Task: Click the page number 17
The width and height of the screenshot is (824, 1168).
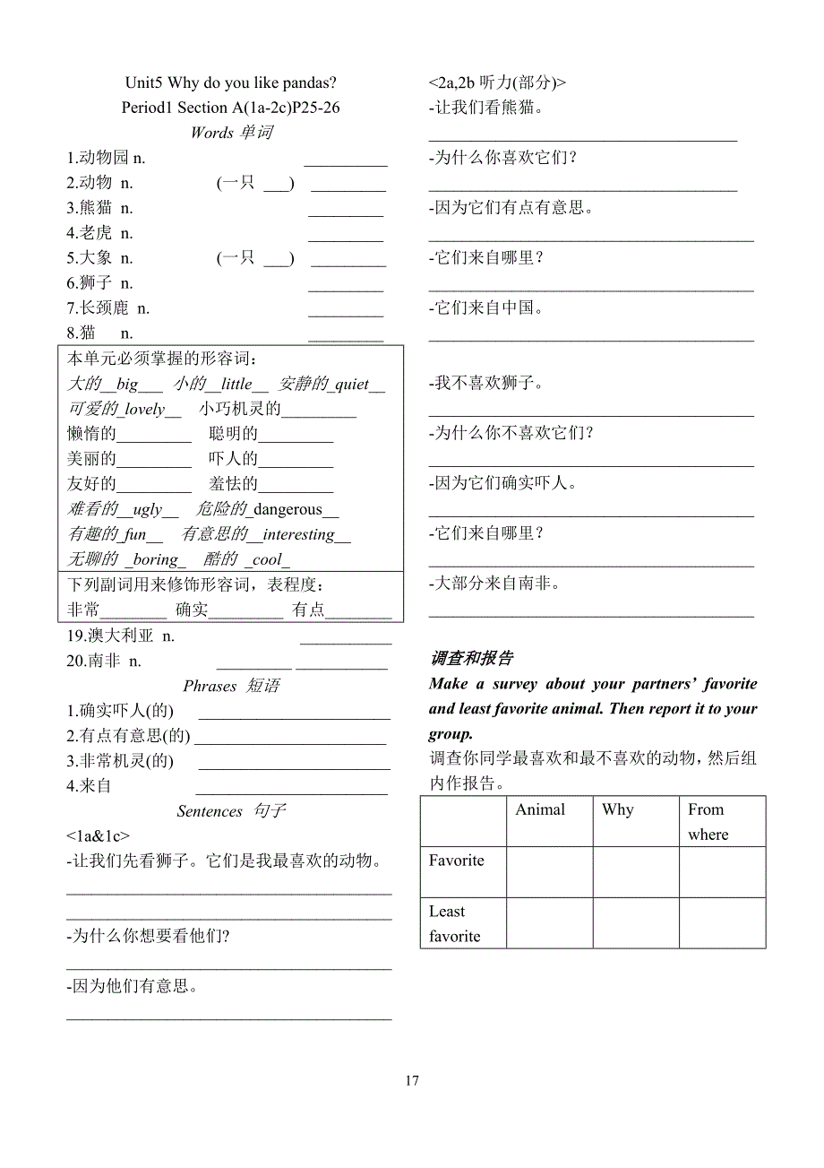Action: tap(412, 1080)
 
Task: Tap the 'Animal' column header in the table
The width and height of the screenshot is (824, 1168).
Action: tap(540, 809)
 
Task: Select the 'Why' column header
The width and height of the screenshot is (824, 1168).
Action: tap(617, 809)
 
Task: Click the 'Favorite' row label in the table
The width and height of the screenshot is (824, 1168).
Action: tap(456, 861)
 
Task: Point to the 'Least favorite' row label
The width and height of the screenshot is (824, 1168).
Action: tap(454, 923)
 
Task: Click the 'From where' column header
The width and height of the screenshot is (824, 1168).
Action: tap(708, 821)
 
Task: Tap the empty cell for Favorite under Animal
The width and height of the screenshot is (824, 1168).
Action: tap(549, 871)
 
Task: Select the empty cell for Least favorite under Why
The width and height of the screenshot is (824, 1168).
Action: tap(635, 922)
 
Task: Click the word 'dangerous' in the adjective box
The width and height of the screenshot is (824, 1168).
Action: tap(288, 509)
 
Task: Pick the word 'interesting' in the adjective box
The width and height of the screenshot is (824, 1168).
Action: tap(299, 534)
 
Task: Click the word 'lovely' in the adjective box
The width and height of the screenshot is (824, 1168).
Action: tap(145, 409)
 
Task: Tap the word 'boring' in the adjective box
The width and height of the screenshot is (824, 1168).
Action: tap(156, 559)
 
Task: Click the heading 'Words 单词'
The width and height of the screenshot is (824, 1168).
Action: tap(231, 133)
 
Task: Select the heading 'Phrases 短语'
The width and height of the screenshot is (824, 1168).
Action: tap(231, 686)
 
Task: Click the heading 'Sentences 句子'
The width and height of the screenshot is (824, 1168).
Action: tap(231, 811)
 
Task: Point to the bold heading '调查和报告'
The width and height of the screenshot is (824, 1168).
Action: tap(472, 658)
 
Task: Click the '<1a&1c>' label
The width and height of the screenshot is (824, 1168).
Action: tap(98, 835)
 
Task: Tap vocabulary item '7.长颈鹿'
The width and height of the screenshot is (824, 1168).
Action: tap(107, 308)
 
